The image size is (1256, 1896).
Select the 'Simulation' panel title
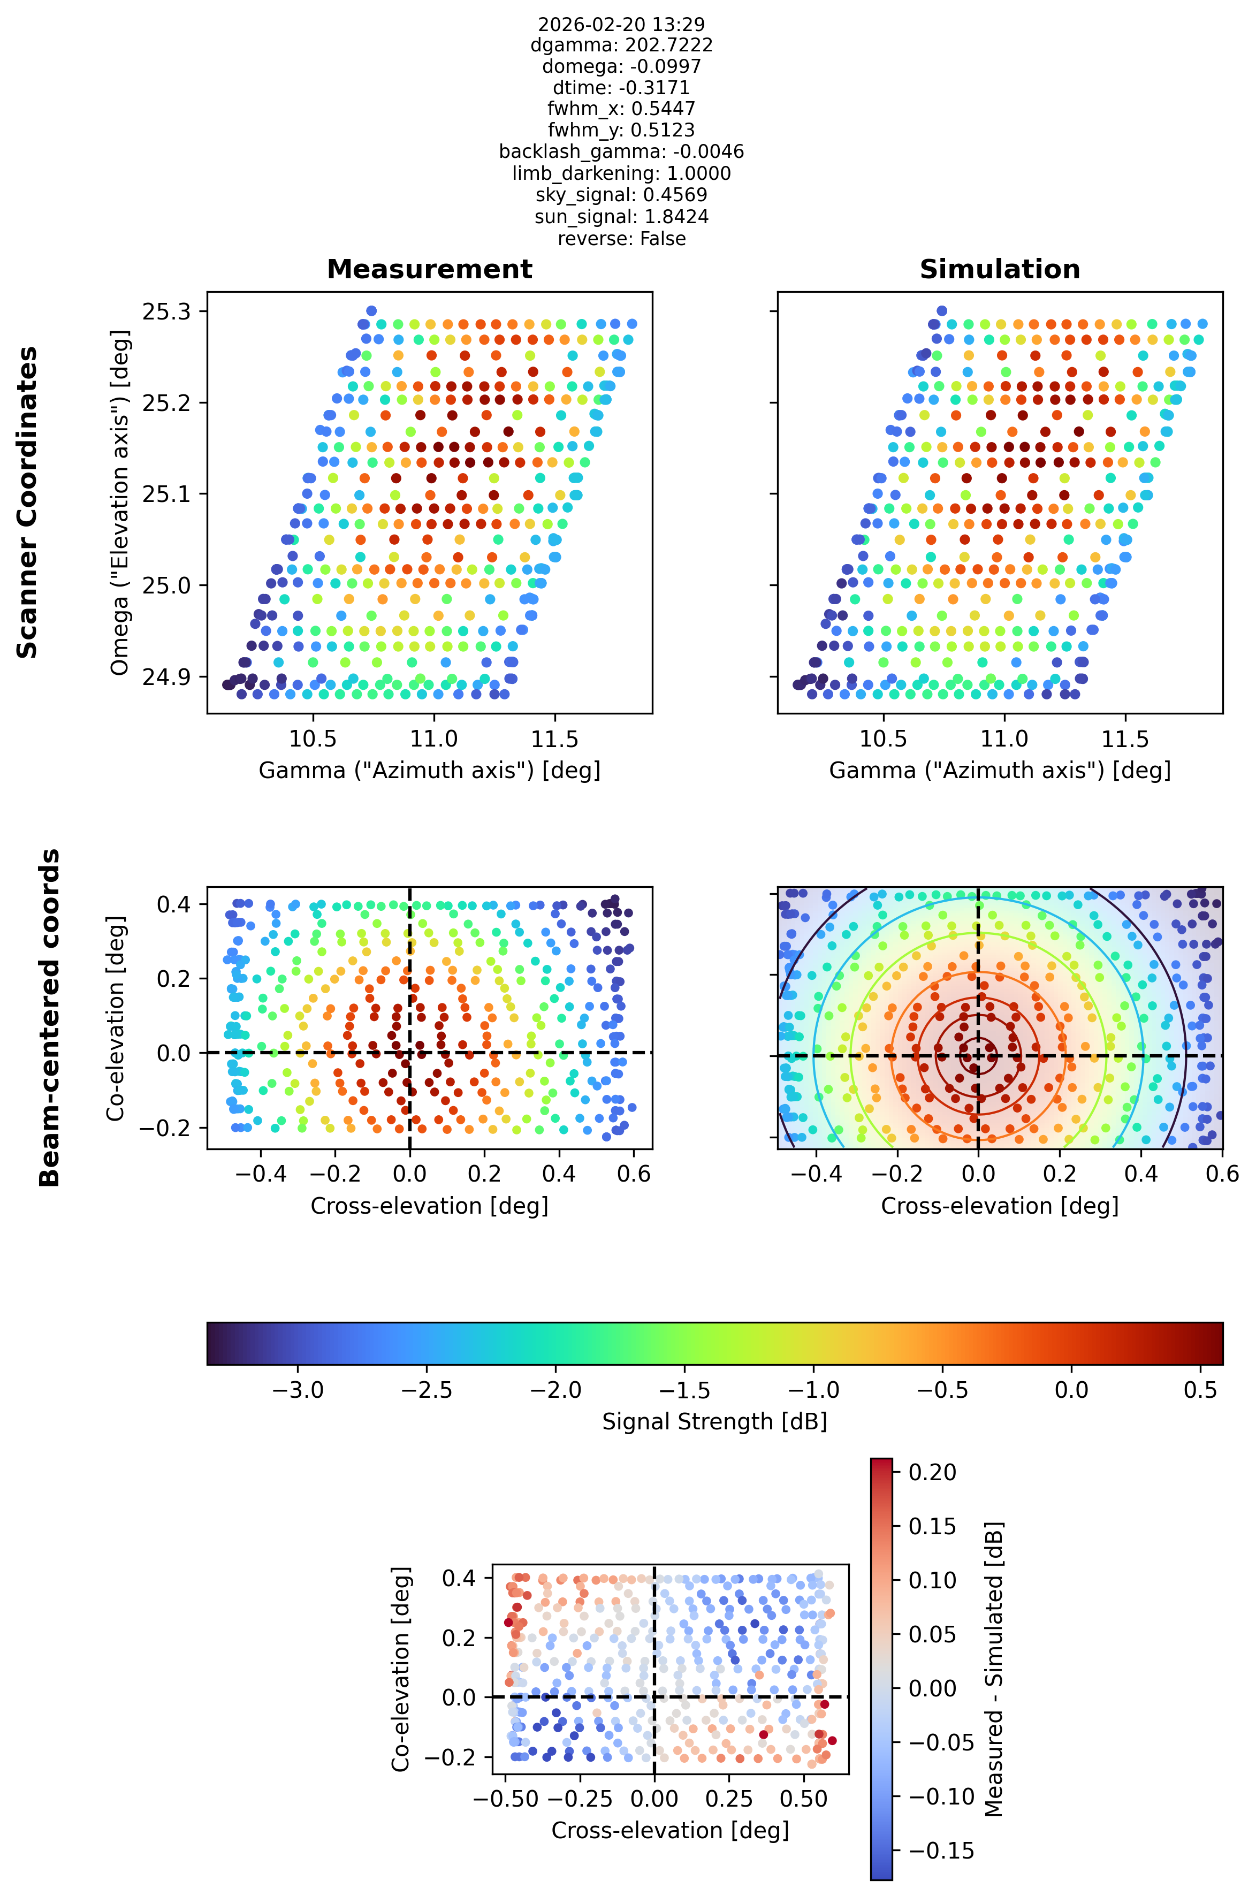1000,269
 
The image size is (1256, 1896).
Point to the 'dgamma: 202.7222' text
622,45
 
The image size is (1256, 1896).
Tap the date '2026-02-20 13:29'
622,24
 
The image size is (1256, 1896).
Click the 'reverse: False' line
622,239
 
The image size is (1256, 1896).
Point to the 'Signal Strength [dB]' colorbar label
714,1421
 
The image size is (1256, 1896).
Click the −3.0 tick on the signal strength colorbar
298,1390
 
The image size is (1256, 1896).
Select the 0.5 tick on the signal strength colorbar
1201,1390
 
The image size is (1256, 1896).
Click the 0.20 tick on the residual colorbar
932,1472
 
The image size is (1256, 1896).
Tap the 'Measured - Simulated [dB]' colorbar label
993,1669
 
